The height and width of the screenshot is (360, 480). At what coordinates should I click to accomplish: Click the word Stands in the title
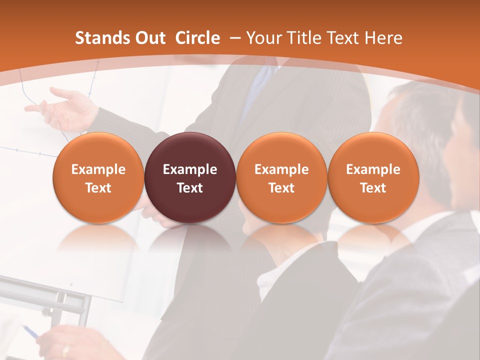point(99,38)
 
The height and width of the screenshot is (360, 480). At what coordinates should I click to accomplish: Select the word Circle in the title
point(197,38)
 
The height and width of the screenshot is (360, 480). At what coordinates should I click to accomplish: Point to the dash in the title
point(235,38)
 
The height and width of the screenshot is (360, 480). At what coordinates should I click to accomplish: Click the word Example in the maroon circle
point(190,169)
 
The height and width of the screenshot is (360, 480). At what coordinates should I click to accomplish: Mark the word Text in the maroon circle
point(190,188)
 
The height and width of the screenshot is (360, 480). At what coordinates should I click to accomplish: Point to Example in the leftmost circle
point(98,169)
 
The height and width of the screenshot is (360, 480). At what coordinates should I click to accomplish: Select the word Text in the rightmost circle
point(373,188)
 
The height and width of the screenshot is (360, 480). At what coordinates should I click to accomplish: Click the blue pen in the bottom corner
point(29,331)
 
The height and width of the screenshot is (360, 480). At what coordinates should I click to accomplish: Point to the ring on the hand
point(65,351)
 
